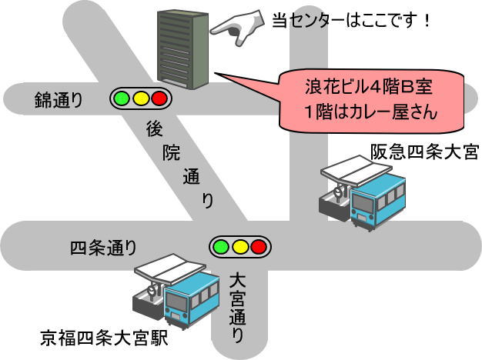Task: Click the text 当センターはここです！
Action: pos(351,18)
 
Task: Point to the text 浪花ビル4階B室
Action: pos(370,86)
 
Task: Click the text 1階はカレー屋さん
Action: pos(370,112)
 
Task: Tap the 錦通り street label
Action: pos(59,99)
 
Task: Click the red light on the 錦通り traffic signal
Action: pos(159,98)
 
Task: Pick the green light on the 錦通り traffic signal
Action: pos(121,98)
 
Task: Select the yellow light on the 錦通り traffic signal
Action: pos(140,98)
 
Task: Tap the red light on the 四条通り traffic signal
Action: pos(259,247)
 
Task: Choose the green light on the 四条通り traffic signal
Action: pos(220,247)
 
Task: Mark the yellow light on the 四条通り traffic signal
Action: pos(239,247)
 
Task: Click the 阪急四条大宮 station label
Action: pos(424,152)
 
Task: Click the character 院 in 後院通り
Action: pos(171,152)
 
